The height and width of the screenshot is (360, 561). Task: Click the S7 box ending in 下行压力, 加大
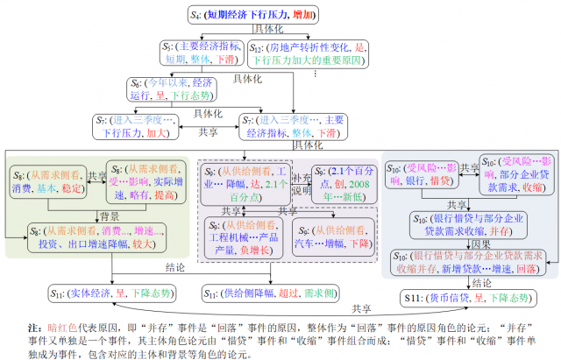pyautogui.click(x=135, y=128)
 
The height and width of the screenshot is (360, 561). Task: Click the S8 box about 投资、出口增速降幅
pyautogui.click(x=94, y=234)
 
